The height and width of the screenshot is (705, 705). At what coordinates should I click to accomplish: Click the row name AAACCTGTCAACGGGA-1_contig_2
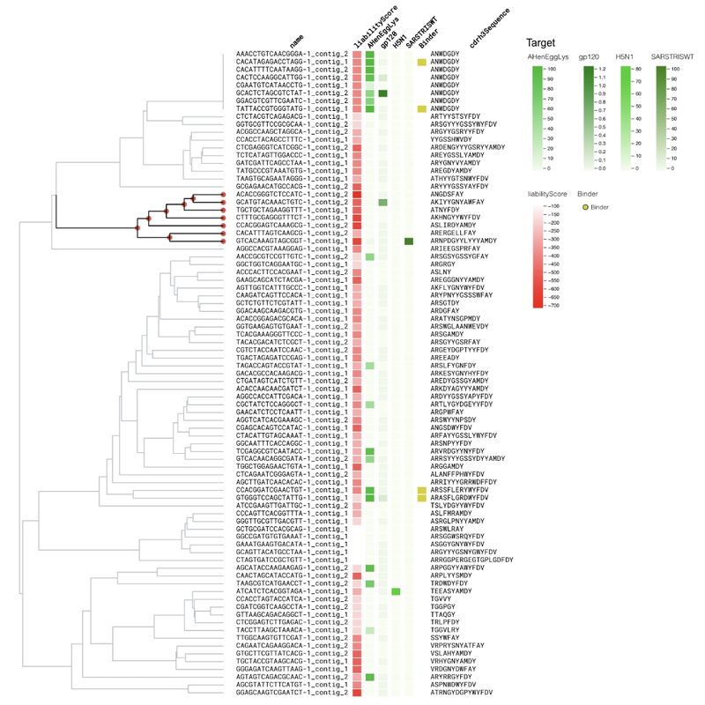pos(292,55)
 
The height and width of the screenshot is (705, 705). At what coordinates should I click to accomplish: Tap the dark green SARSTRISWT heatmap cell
pos(409,241)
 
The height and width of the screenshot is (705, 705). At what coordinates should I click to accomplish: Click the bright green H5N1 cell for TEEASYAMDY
pos(396,592)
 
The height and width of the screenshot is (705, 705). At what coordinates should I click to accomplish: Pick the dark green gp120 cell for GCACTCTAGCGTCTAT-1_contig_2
pos(383,93)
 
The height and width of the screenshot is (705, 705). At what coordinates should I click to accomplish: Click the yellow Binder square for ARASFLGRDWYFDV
pos(421,498)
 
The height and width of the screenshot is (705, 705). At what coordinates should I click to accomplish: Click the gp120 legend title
pos(589,56)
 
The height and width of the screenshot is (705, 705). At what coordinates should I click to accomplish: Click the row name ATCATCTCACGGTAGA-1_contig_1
pos(292,592)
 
